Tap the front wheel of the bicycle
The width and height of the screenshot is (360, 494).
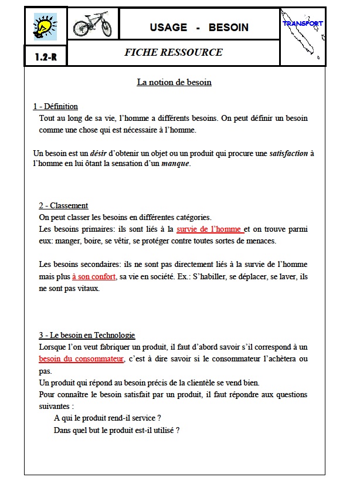106,29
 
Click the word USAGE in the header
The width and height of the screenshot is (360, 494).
168,27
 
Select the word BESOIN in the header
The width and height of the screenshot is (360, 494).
228,27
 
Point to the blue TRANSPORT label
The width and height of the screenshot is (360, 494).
303,23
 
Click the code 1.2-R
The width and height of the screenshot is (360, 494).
45,57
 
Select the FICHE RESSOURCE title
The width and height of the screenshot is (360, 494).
174,52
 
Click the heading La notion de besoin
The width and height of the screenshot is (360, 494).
174,82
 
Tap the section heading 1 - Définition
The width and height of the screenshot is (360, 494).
56,106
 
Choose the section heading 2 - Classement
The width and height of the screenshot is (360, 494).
63,205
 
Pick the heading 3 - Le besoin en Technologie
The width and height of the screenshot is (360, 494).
87,335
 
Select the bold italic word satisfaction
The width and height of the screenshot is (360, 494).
288,153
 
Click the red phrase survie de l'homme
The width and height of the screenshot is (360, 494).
209,229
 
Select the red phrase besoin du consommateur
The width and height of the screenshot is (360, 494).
81,358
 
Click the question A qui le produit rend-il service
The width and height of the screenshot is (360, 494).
107,418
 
